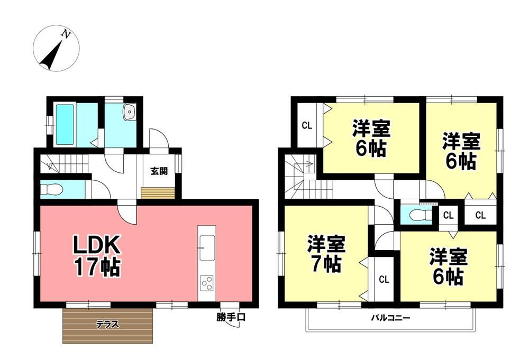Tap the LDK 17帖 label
coord(97,255)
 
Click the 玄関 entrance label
coord(159,171)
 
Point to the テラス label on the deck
coord(107,324)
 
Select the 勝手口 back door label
coord(231,317)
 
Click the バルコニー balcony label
coord(391,318)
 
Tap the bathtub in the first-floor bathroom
coord(65,124)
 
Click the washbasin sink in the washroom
coord(129,112)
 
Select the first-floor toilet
coord(51,190)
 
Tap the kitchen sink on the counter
coord(207,248)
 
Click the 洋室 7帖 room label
coord(325,254)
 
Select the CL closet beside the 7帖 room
coord(384,280)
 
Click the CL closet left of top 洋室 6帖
coord(307,125)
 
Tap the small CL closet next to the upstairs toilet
coord(449,215)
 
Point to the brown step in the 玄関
coord(158,193)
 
